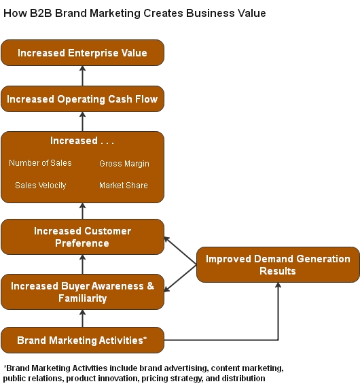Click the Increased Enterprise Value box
(x=82, y=53)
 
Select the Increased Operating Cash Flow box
(x=82, y=99)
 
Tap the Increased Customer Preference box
(x=82, y=237)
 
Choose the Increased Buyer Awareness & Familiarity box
(x=82, y=292)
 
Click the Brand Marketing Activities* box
(x=82, y=340)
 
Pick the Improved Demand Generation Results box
(x=278, y=265)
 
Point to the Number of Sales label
(x=40, y=163)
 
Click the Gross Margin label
(x=124, y=164)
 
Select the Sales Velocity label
(x=41, y=186)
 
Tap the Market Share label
(x=123, y=186)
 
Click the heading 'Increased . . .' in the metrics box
(x=82, y=141)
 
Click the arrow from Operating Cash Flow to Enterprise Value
(x=82, y=75)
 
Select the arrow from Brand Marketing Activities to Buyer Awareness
(x=82, y=318)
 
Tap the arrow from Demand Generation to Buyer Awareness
(x=181, y=279)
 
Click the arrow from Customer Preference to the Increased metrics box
(x=82, y=211)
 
